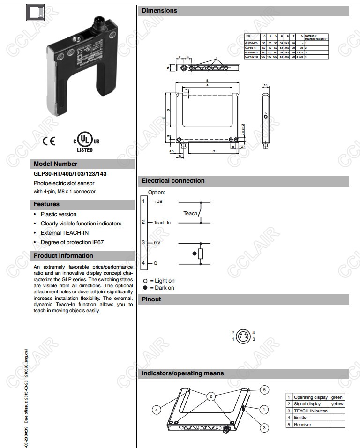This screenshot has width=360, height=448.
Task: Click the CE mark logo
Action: pos(48,141)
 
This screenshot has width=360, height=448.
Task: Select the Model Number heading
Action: pos(55,164)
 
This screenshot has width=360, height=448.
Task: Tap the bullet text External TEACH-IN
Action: pos(64,233)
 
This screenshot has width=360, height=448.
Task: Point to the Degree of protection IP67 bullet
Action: pos(72,242)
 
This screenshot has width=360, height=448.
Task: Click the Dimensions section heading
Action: pos(159,11)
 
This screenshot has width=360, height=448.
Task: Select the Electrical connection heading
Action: pos(173,181)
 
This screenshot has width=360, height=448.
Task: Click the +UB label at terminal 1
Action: pos(158,201)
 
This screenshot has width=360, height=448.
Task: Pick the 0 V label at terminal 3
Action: pos(157,243)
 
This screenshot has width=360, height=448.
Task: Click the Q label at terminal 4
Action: pos(155,263)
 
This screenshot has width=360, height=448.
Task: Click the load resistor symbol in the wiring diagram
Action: pos(201,254)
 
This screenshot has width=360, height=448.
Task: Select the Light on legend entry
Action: pos(159,281)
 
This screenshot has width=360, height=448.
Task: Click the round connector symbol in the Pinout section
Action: pos(243,336)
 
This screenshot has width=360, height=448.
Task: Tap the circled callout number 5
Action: pos(264,389)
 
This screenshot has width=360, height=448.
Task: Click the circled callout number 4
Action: pos(156,409)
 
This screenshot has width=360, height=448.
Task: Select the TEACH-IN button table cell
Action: pos(310,411)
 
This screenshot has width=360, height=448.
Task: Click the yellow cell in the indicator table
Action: pos(337,404)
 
